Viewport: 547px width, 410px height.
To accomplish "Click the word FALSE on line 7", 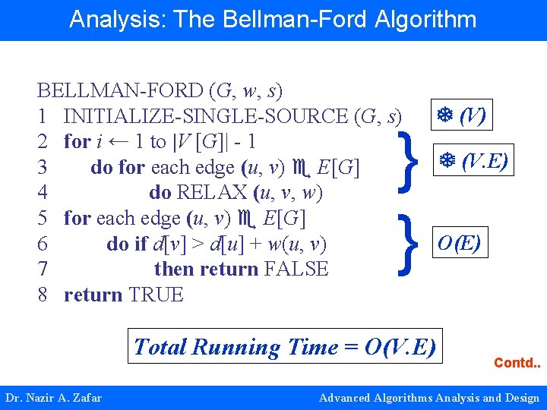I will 296,269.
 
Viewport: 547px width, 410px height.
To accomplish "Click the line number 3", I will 43,167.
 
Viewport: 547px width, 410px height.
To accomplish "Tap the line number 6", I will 43,244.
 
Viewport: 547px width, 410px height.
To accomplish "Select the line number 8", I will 43,295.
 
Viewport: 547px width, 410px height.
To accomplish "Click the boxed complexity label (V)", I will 461,116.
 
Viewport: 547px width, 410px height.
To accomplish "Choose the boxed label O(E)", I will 458,244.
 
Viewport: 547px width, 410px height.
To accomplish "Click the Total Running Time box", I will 284,347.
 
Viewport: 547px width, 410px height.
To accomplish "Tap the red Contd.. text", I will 517,363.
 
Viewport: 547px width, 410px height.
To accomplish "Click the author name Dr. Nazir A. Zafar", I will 53,397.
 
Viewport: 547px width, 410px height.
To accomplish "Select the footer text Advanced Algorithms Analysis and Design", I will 428,397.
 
